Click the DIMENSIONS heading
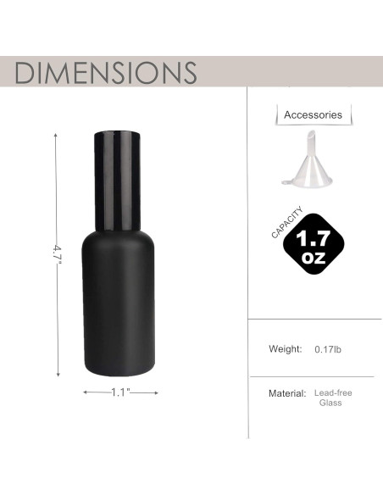click(x=106, y=72)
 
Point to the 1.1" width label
click(x=121, y=392)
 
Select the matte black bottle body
click(x=121, y=305)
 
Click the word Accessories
click(x=313, y=114)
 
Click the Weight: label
click(x=286, y=349)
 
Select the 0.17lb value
click(x=328, y=349)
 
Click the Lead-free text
click(x=332, y=393)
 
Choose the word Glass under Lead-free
click(x=330, y=403)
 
